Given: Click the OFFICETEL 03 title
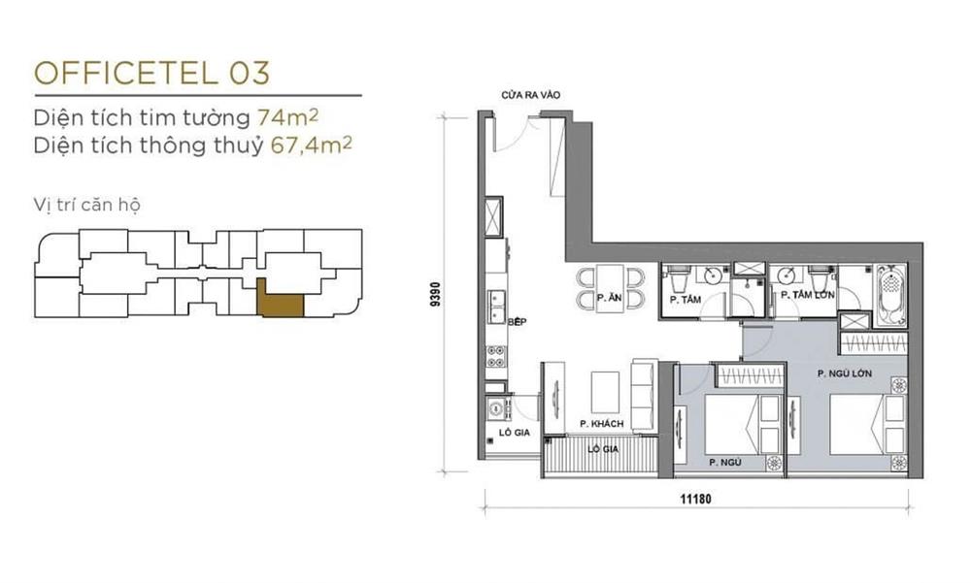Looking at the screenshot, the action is (x=152, y=73).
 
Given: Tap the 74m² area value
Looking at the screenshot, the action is (x=288, y=116).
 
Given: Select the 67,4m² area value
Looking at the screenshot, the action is (x=312, y=145).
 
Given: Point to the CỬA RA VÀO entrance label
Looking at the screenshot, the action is (x=531, y=95).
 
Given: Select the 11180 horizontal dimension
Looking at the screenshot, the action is (x=696, y=499).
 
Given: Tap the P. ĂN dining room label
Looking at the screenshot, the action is (x=610, y=298).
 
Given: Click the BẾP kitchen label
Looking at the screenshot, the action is (x=517, y=322).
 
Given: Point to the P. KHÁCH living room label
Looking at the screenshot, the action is (x=602, y=424).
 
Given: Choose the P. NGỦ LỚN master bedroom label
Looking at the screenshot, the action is (x=845, y=373).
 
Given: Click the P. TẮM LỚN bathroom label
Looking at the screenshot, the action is (x=808, y=295).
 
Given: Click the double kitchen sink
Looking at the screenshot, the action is (x=496, y=307).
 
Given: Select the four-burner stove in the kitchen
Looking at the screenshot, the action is (x=495, y=355).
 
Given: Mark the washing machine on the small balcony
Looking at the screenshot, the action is (x=496, y=408).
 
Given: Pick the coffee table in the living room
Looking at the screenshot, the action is (x=605, y=392).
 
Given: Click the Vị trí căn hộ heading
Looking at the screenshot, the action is (x=87, y=205).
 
